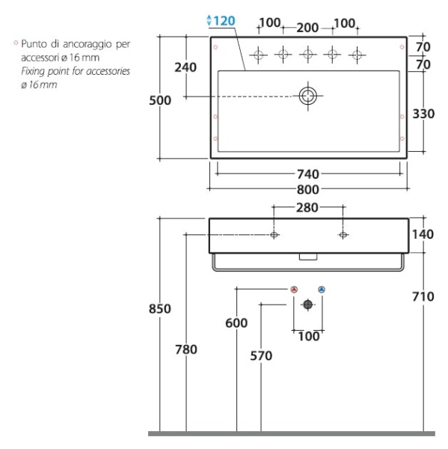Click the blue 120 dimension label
click(x=224, y=21)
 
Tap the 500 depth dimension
click(x=160, y=100)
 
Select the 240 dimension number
click(x=185, y=67)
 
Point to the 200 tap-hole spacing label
click(x=307, y=28)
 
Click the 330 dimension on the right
click(x=423, y=114)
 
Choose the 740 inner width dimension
click(x=308, y=174)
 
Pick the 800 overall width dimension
click(x=308, y=189)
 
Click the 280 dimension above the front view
click(x=307, y=208)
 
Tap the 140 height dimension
click(x=423, y=234)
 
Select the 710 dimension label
click(x=423, y=296)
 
